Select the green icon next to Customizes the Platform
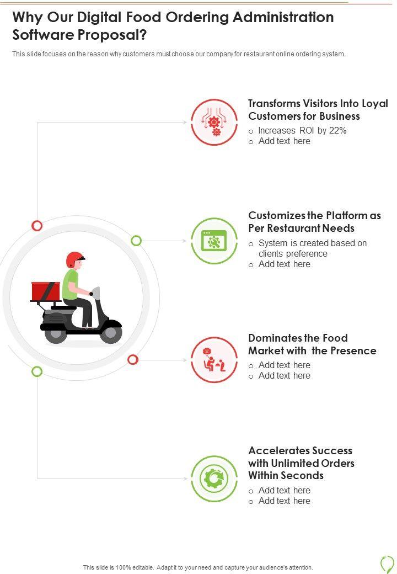tap(214, 241)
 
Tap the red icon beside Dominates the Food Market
tap(214, 360)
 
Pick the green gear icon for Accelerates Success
tap(214, 479)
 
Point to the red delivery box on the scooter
tap(45, 291)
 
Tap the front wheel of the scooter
tap(111, 333)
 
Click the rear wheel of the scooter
tap(55, 334)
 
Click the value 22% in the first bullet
tap(337, 131)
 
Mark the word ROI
tap(307, 131)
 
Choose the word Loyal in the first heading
tap(374, 103)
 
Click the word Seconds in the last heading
tap(303, 475)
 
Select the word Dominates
tap(275, 338)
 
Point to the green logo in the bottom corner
tap(387, 564)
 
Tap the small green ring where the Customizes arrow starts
tap(136, 241)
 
